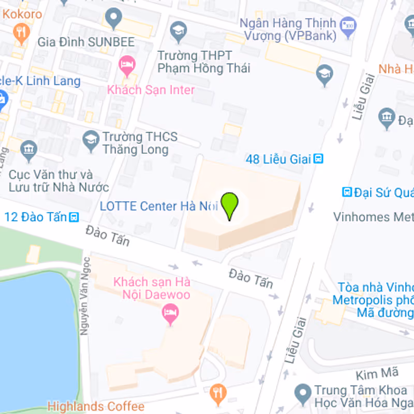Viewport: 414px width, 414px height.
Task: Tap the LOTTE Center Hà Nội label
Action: (x=158, y=206)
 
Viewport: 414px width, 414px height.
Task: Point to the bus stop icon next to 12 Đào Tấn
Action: (x=75, y=216)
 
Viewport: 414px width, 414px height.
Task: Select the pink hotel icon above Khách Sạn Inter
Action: (x=126, y=65)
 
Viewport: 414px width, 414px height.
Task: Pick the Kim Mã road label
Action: (x=370, y=373)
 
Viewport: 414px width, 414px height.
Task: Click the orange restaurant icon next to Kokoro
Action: (x=21, y=32)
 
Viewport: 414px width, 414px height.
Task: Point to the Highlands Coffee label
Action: (x=96, y=406)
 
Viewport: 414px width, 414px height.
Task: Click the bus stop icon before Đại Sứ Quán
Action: (x=347, y=193)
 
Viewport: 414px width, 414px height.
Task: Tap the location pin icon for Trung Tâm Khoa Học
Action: (x=302, y=393)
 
